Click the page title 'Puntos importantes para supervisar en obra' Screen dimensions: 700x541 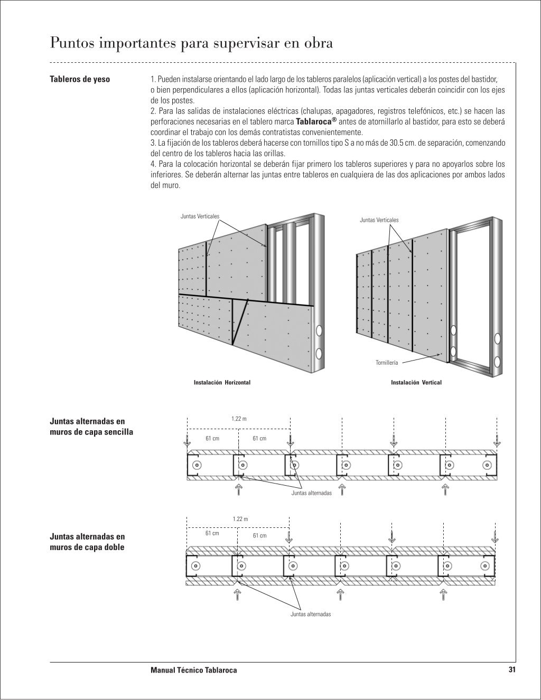pos(191,43)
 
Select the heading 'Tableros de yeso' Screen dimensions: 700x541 pos(80,79)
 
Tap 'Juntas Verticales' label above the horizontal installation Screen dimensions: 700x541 pos(200,216)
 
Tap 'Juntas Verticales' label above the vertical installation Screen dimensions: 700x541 pos(379,220)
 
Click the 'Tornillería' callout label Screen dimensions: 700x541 pos(387,363)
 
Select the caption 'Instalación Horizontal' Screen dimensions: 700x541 pos(222,382)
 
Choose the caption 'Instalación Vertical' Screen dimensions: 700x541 pos(416,382)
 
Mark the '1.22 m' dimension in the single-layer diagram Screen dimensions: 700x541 pos(239,419)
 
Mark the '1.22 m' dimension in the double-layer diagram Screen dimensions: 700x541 pos(240,519)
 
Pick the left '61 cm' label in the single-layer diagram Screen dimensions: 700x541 pos(212,438)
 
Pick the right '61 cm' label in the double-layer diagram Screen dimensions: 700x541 pos(259,535)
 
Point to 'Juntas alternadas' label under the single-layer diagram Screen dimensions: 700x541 pos(311,493)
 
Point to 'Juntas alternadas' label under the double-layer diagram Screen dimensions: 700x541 pos(311,614)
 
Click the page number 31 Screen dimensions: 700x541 pos(511,669)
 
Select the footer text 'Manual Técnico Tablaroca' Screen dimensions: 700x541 pos(194,670)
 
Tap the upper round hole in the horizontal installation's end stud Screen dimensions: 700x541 pos(319,332)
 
